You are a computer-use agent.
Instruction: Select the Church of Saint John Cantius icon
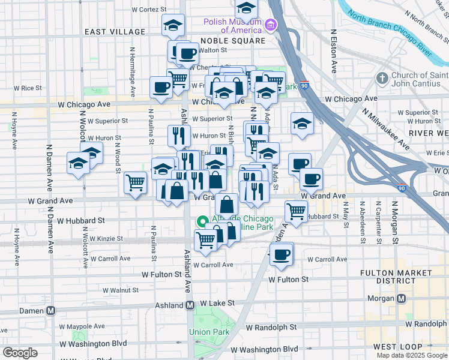[382, 79]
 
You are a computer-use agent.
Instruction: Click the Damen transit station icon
[51, 310]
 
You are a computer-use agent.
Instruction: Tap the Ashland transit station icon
[190, 305]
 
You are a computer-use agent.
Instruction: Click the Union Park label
[208, 332]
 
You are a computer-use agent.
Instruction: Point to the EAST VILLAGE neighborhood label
[115, 32]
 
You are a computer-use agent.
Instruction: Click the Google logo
[20, 353]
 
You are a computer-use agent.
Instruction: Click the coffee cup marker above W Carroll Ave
[280, 254]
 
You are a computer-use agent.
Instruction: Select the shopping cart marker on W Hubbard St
[295, 211]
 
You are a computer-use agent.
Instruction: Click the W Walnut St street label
[120, 290]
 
